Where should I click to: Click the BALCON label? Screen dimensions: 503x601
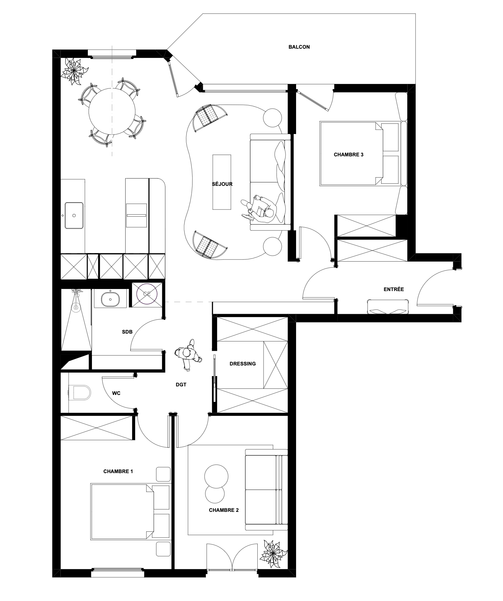(x=299, y=47)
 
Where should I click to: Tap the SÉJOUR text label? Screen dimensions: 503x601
(x=222, y=184)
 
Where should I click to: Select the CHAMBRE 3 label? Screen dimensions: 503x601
(x=349, y=155)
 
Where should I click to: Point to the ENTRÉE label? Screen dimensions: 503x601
(x=394, y=289)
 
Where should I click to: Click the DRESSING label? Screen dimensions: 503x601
(x=243, y=364)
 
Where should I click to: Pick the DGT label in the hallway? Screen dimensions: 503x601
(x=181, y=385)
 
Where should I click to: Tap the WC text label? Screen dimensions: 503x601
(x=116, y=393)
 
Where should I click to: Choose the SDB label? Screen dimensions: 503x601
(x=127, y=332)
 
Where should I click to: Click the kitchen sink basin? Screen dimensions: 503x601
(x=74, y=215)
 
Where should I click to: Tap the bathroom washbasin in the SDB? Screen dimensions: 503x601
(x=110, y=299)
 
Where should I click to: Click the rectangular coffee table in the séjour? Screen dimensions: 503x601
(x=222, y=182)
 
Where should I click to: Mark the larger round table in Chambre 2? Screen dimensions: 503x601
(x=216, y=476)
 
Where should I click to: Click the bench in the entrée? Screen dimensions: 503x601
(x=389, y=306)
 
